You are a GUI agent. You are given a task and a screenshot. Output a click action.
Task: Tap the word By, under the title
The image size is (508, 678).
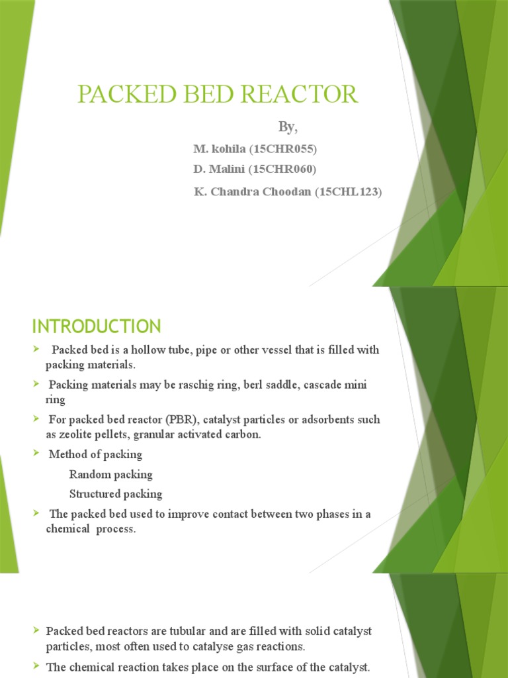(x=286, y=126)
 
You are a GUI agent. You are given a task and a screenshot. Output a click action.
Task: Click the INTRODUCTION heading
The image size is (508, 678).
(x=97, y=326)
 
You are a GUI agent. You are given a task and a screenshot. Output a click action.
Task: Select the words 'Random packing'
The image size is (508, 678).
(x=110, y=474)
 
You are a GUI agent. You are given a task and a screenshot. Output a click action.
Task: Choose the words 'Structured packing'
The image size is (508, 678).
(x=115, y=494)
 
